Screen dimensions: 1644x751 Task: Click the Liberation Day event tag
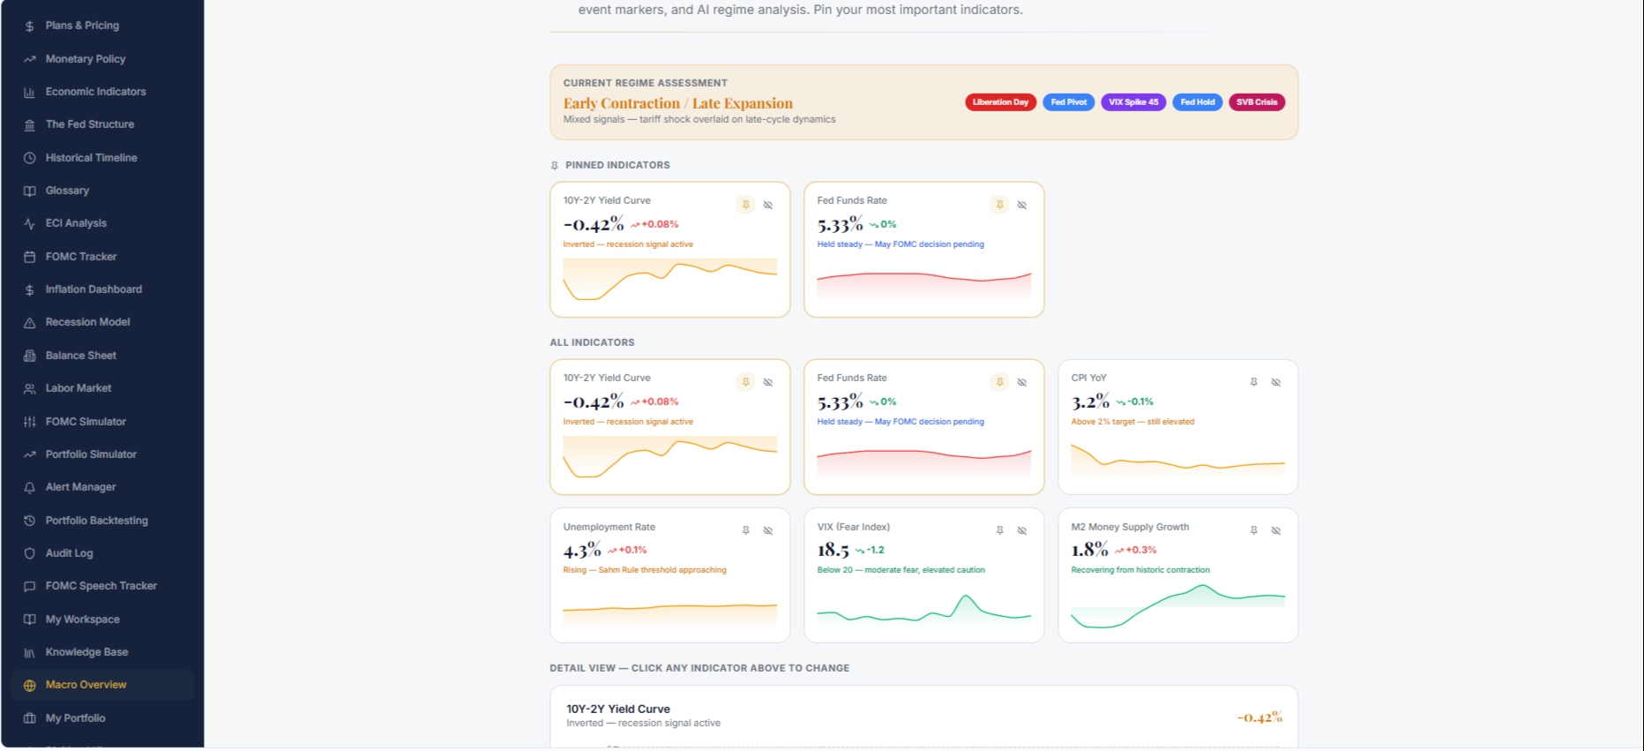pyautogui.click(x=1000, y=102)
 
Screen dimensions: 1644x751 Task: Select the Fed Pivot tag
pyautogui.click(x=1069, y=102)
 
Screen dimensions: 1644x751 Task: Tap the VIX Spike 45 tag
pyautogui.click(x=1133, y=102)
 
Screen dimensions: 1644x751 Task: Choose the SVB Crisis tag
pyautogui.click(x=1256, y=102)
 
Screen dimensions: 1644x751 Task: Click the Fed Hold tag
pyautogui.click(x=1198, y=102)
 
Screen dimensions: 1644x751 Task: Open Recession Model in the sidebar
pyautogui.click(x=87, y=322)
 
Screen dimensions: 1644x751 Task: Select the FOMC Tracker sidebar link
pyautogui.click(x=81, y=257)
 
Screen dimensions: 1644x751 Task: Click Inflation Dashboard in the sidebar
pyautogui.click(x=93, y=289)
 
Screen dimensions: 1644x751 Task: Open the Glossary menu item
pyautogui.click(x=67, y=191)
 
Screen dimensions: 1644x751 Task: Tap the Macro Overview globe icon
pyautogui.click(x=29, y=686)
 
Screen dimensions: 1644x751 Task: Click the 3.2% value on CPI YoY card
pyautogui.click(x=1090, y=402)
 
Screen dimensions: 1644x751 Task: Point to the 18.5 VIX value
pyautogui.click(x=833, y=551)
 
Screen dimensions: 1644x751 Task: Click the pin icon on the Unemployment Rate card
pyautogui.click(x=746, y=530)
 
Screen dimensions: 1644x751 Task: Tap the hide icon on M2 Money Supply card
pyautogui.click(x=1276, y=530)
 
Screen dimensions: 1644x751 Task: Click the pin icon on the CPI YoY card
pyautogui.click(x=1254, y=382)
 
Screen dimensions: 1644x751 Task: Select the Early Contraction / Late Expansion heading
pyautogui.click(x=677, y=103)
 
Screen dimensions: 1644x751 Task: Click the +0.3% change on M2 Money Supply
pyautogui.click(x=1141, y=550)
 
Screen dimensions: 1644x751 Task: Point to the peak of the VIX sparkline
pyautogui.click(x=968, y=597)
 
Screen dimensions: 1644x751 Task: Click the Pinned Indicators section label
pyautogui.click(x=617, y=165)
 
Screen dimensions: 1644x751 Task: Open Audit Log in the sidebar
pyautogui.click(x=69, y=553)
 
